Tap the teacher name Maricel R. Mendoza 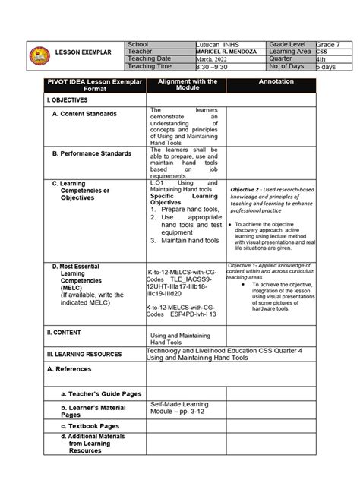click(226, 52)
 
